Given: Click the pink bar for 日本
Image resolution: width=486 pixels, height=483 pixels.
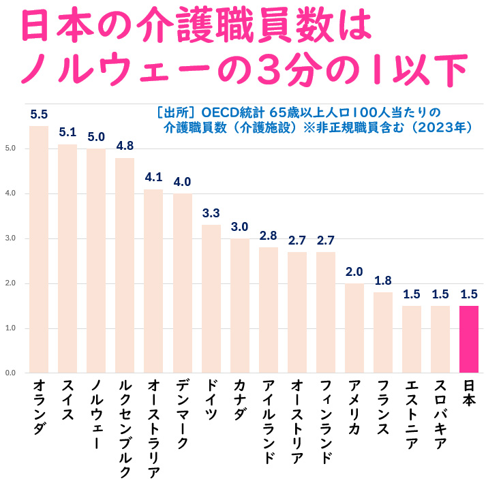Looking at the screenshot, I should (x=469, y=339).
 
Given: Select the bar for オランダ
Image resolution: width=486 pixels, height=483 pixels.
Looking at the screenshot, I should (x=39, y=249).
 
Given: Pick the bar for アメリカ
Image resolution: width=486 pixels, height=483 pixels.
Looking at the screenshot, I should (x=354, y=328).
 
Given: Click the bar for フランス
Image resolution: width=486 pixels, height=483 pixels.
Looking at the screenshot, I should (x=383, y=332).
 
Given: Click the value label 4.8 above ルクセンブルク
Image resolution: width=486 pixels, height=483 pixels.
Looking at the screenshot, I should (x=125, y=146).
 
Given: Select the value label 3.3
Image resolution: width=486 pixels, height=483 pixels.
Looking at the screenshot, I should (x=211, y=213).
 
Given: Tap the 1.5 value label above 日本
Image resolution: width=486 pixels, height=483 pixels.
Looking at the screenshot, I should (x=469, y=294).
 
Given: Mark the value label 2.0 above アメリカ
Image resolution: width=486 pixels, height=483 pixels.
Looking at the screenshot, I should (x=354, y=272).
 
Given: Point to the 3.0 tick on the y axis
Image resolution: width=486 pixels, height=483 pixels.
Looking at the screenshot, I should (x=10, y=238).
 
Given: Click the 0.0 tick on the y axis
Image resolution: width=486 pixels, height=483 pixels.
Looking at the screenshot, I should (x=10, y=373).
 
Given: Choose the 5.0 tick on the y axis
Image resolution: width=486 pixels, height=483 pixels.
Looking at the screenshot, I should (x=10, y=149).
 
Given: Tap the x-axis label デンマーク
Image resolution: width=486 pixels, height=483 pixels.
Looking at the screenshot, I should (x=182, y=415).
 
